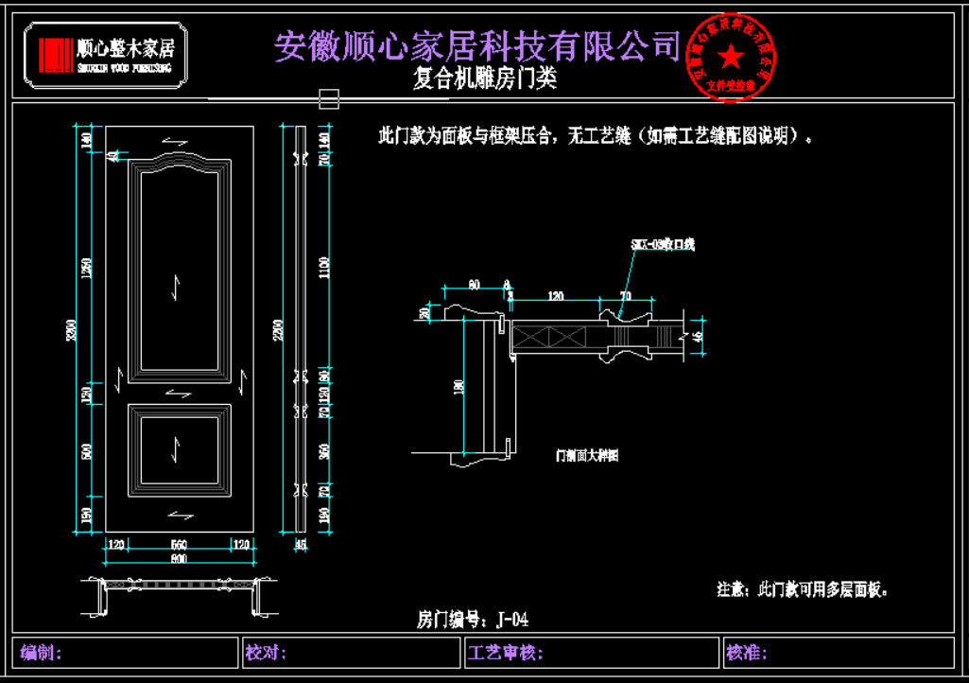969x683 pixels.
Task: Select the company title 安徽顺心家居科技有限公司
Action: [477, 45]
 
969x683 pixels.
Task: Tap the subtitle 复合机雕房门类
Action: [485, 79]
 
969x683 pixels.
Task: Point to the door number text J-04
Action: [473, 621]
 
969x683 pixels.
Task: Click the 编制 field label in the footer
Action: [42, 653]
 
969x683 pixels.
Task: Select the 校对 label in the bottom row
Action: [267, 653]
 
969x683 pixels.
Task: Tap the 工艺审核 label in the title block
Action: [505, 653]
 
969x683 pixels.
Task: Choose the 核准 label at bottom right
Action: [747, 653]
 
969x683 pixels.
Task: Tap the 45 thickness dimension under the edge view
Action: [302, 544]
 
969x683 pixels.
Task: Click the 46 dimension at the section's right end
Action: [699, 336]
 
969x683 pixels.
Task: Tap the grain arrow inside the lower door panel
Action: [178, 449]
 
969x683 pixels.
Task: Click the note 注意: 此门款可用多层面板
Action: [804, 589]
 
